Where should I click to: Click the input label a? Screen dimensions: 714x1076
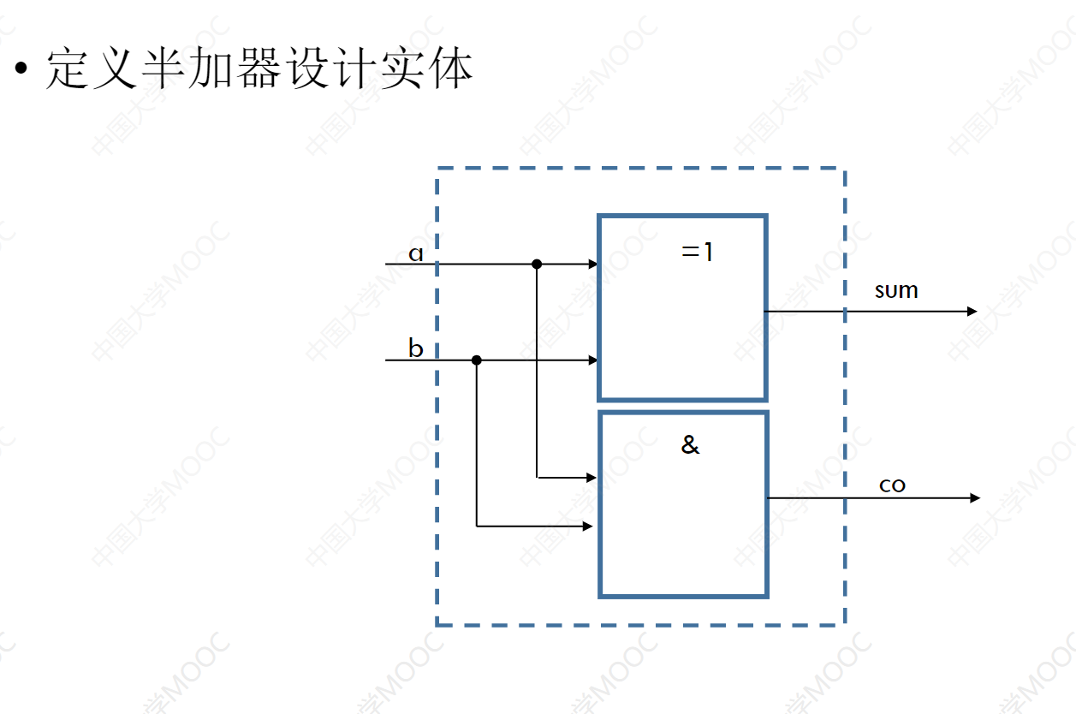click(416, 253)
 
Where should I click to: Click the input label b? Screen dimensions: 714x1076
click(416, 348)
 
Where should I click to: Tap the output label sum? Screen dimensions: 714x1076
click(896, 291)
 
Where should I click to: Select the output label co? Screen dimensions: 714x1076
click(892, 485)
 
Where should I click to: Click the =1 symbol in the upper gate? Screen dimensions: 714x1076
click(697, 253)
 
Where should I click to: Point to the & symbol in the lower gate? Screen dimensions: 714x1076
click(690, 445)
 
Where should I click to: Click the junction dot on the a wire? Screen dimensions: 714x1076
click(537, 265)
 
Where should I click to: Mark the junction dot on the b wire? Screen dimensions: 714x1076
click(477, 360)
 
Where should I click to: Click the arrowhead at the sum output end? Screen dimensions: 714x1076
click(972, 311)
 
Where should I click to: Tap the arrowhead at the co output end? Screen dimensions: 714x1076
click(975, 497)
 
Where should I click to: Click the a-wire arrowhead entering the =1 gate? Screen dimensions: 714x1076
click(593, 265)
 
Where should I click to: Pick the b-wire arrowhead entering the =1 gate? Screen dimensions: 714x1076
click(593, 360)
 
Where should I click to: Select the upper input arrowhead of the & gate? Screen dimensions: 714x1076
click(592, 477)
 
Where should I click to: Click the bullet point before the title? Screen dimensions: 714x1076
click(21, 68)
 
